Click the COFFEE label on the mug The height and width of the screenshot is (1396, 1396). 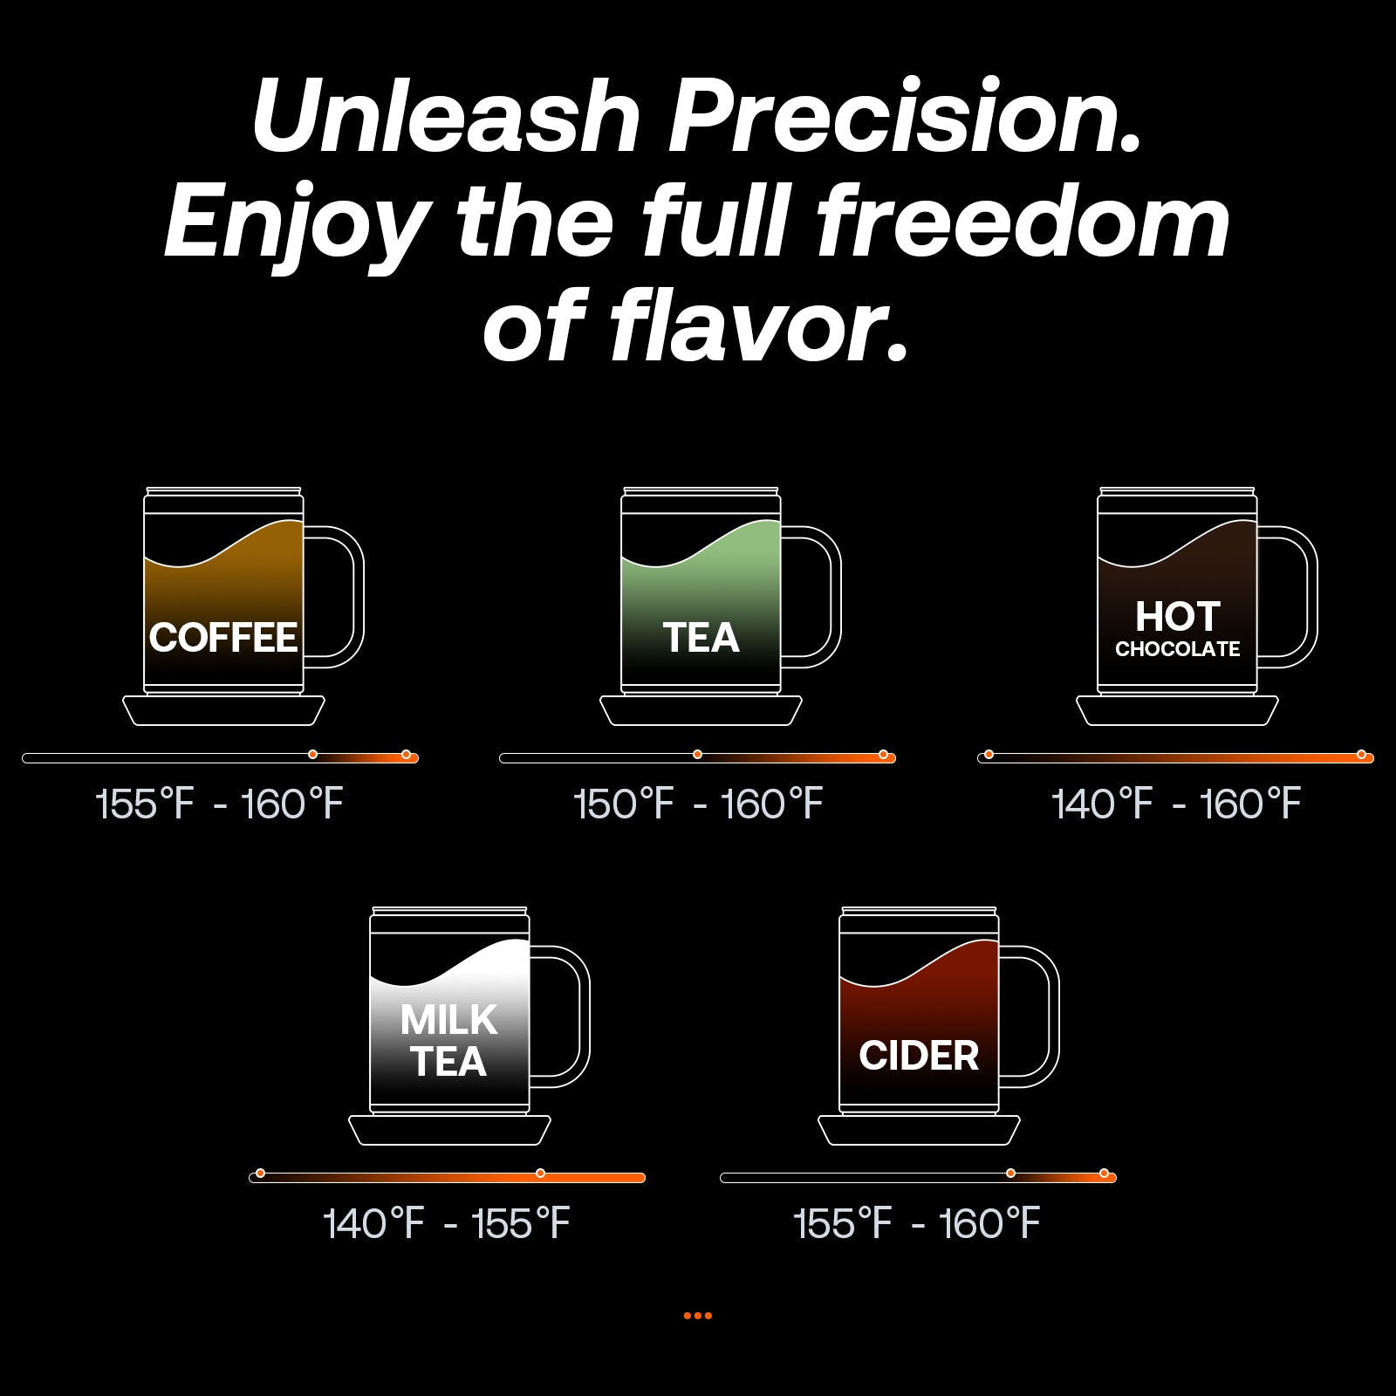223,638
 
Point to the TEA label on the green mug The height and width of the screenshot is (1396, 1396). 701,638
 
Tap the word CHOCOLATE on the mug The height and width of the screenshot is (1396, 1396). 1177,649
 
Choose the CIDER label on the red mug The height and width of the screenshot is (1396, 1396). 919,1056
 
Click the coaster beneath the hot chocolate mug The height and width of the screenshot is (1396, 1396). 1177,710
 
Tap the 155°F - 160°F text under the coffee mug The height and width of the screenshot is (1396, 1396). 219,804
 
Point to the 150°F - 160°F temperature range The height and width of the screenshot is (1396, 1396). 698,804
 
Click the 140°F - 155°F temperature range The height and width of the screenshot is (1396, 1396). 447,1223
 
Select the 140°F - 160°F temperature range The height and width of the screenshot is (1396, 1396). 1176,804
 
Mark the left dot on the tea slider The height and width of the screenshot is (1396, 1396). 697,754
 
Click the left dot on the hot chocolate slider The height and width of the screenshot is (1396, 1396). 989,754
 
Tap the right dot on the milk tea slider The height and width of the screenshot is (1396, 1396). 540,1173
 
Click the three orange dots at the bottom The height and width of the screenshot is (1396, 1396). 697,1316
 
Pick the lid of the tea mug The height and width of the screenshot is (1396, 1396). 701,491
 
